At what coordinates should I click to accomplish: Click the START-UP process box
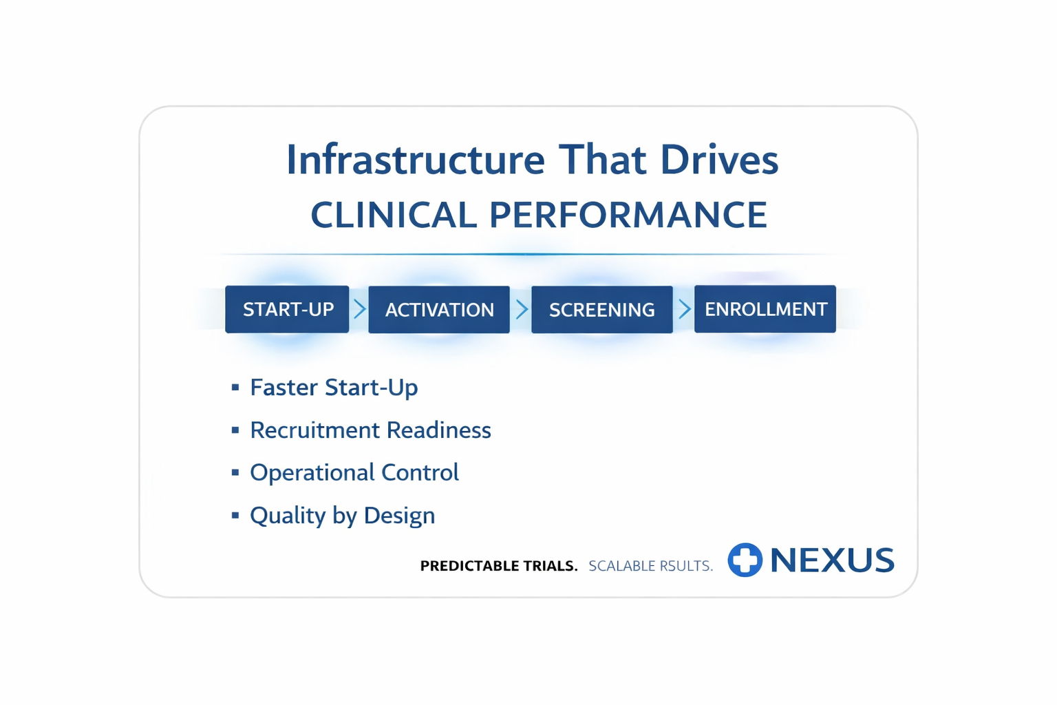287,309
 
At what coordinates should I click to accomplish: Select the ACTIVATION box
439,309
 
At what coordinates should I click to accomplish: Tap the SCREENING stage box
601,309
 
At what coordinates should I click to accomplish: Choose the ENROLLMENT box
765,309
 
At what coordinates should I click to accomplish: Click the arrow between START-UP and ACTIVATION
360,309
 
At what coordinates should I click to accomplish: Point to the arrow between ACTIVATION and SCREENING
522,309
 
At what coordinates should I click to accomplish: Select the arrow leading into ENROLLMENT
684,309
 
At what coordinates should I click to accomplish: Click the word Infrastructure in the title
416,159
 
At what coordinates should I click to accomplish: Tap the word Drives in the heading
719,159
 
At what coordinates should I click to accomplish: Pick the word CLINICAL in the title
394,214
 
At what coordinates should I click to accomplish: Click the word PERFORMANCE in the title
628,214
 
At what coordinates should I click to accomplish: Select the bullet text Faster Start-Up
334,387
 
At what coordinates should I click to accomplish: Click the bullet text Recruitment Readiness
370,430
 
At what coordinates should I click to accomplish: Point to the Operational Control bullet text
354,472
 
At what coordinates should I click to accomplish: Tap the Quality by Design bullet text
342,515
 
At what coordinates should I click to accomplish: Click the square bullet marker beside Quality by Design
235,515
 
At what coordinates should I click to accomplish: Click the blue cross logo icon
745,560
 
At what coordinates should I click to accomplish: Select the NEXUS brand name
833,560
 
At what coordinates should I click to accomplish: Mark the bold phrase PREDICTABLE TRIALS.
499,565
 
